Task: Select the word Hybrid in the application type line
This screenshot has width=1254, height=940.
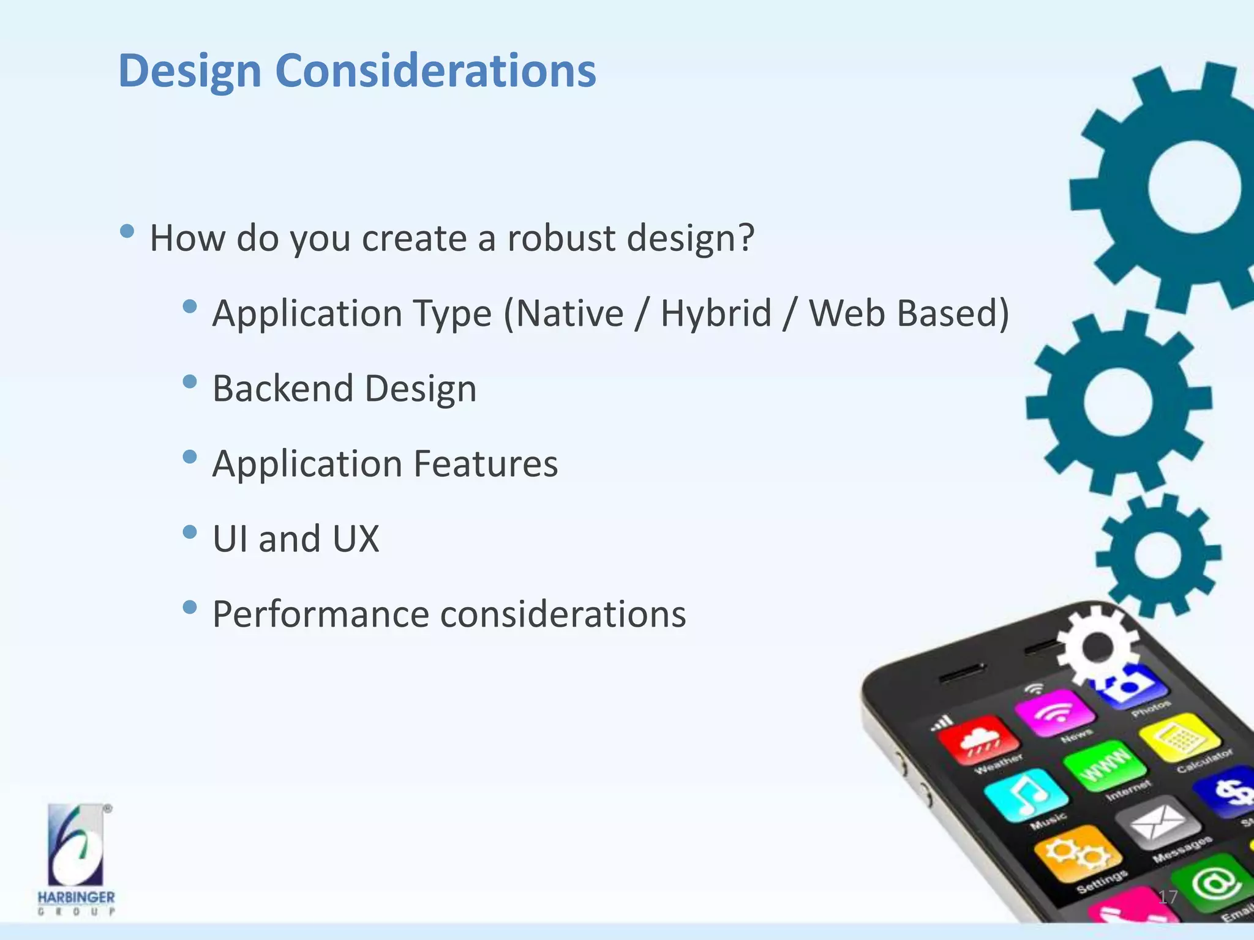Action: (x=716, y=313)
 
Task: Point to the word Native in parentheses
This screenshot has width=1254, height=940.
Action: (x=569, y=313)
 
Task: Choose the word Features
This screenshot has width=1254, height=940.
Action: (x=486, y=463)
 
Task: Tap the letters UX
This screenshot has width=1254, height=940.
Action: (x=356, y=539)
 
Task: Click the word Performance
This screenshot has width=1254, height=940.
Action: (x=320, y=614)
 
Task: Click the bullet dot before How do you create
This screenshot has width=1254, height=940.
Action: (x=127, y=231)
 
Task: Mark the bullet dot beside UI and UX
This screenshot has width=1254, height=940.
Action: (x=190, y=532)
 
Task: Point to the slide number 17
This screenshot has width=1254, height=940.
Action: (x=1168, y=897)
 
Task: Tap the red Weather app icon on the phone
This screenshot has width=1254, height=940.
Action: (x=978, y=739)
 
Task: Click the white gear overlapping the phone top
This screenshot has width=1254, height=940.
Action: (x=1097, y=646)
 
